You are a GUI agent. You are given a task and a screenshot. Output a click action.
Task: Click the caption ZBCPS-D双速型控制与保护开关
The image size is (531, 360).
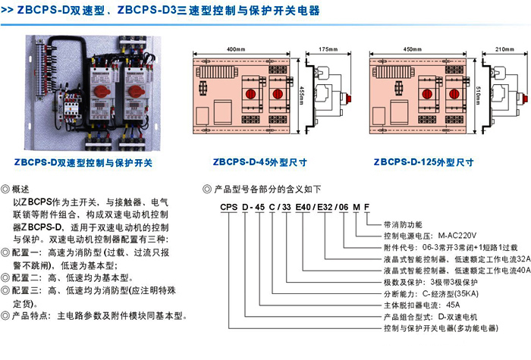(83, 162)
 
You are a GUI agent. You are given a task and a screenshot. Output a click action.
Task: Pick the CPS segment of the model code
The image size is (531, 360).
(229, 206)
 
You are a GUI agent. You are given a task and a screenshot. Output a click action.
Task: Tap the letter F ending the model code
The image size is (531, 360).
(367, 206)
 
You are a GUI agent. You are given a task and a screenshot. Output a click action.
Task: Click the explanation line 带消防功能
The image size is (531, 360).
(403, 225)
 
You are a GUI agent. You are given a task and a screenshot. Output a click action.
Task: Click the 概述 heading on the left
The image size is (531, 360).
(21, 189)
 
